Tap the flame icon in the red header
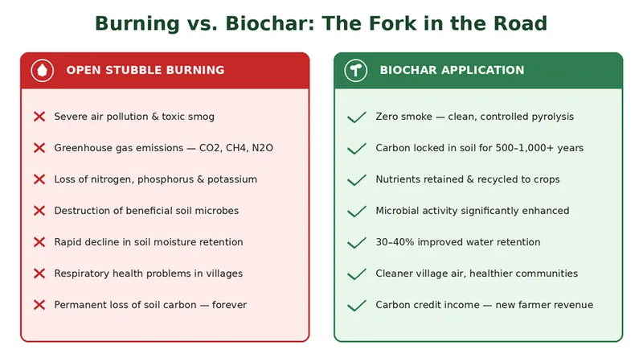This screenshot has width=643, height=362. [x=43, y=71]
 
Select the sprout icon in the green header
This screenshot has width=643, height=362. [x=355, y=71]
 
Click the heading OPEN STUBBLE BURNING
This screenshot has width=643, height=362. [x=145, y=70]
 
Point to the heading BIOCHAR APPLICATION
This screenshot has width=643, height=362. [x=452, y=70]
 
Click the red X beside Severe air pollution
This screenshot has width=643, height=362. [x=39, y=117]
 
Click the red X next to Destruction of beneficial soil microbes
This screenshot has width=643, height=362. [x=39, y=211]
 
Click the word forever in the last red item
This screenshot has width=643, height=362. [x=229, y=305]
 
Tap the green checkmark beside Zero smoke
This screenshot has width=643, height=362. [x=356, y=117]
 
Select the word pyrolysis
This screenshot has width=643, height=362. [x=553, y=117]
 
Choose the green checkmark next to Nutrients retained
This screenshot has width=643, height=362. [x=356, y=180]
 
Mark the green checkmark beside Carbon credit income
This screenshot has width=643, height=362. [x=356, y=306]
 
